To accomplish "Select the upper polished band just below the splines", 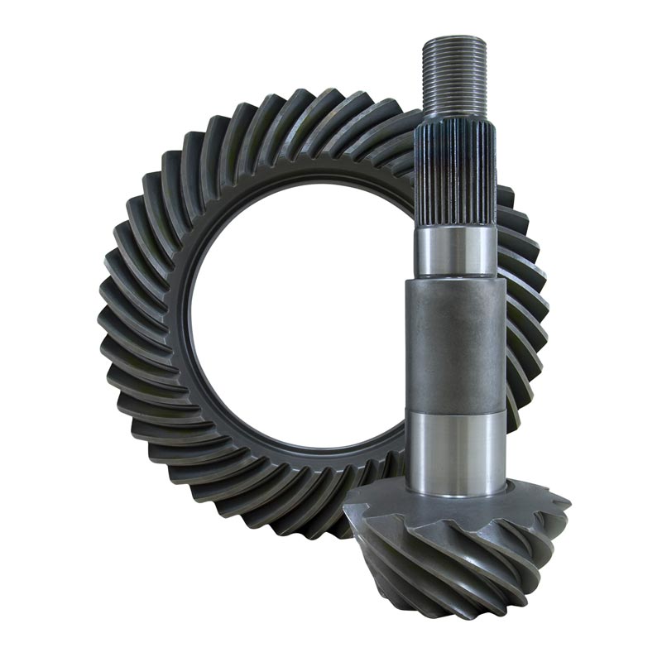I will pos(456,252).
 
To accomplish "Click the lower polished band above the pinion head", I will pos(456,451).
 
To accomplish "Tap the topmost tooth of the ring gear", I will pos(314,103).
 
